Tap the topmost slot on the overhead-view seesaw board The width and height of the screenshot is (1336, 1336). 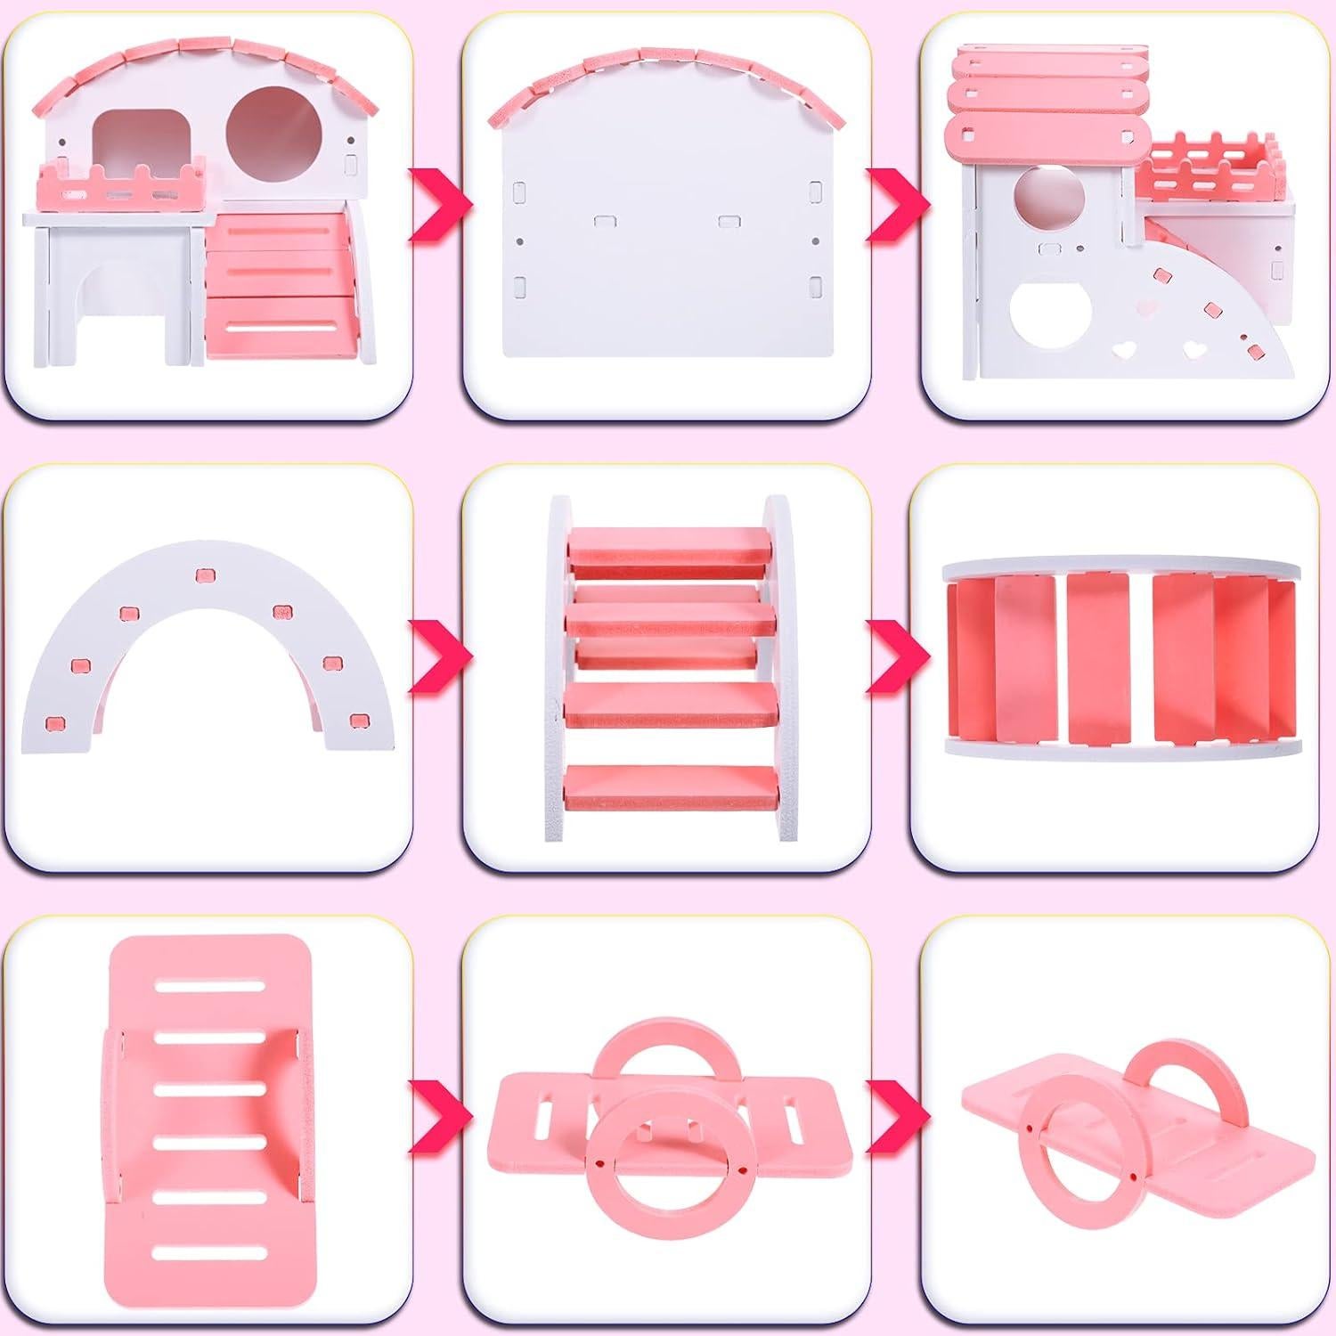click(211, 985)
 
